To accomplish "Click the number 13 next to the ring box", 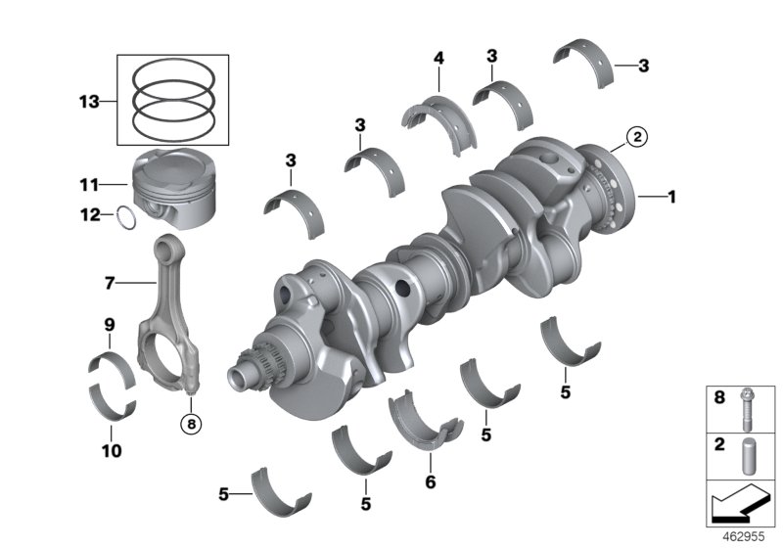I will click(x=89, y=100).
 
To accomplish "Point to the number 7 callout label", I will click(x=110, y=283).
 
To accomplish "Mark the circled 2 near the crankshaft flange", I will click(x=635, y=138).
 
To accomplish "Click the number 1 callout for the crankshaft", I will click(x=671, y=197).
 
